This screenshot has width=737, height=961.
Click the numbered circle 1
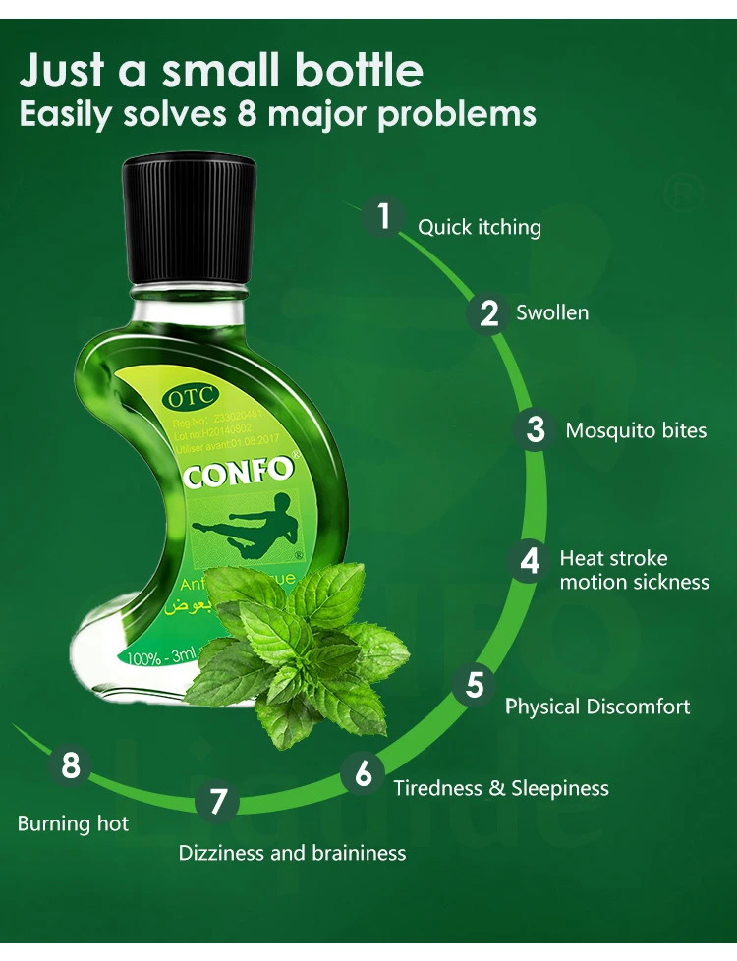(384, 216)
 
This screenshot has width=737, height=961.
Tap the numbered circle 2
(489, 313)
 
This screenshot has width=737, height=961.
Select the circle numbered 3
(536, 430)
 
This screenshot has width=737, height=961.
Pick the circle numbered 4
(530, 561)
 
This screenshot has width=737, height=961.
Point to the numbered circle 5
(476, 685)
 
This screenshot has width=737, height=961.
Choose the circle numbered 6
(364, 775)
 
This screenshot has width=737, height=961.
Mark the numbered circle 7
(218, 802)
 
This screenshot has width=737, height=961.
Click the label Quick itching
(480, 228)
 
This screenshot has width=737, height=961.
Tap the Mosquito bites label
(636, 431)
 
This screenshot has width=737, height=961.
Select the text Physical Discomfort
(597, 707)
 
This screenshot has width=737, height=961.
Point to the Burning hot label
(73, 823)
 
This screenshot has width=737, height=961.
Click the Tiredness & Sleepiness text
(501, 788)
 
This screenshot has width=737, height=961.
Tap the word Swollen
(552, 313)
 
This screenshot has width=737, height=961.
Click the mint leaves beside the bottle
(295, 639)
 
